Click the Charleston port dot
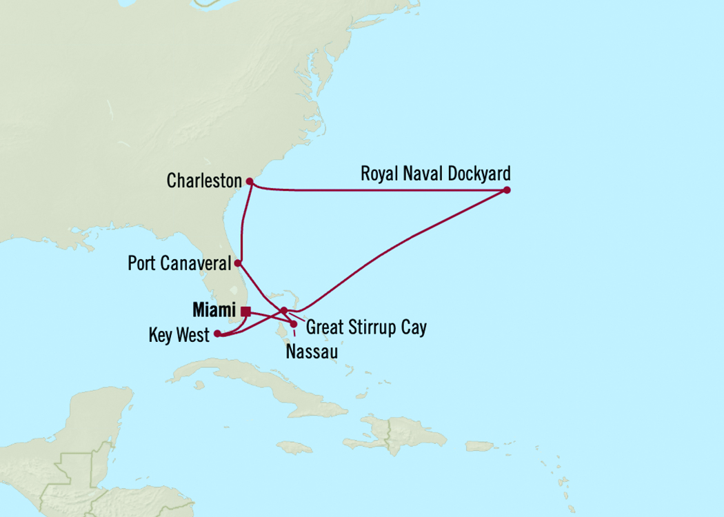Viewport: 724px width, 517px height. tap(250, 182)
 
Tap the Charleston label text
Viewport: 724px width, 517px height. tap(204, 181)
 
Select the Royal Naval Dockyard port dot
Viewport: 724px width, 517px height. tap(506, 190)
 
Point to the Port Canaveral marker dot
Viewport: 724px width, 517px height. tap(237, 263)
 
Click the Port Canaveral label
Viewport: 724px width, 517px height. tap(179, 263)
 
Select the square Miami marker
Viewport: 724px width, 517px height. tap(245, 310)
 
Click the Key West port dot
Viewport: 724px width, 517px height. tap(217, 334)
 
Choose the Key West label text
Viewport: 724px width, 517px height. tap(178, 336)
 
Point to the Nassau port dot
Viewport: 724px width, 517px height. tap(294, 323)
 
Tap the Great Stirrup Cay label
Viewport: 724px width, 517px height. tap(365, 327)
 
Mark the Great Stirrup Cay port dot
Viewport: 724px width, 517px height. tap(284, 310)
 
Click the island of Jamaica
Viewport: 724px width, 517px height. tap(292, 447)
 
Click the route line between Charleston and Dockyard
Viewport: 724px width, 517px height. tap(379, 189)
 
